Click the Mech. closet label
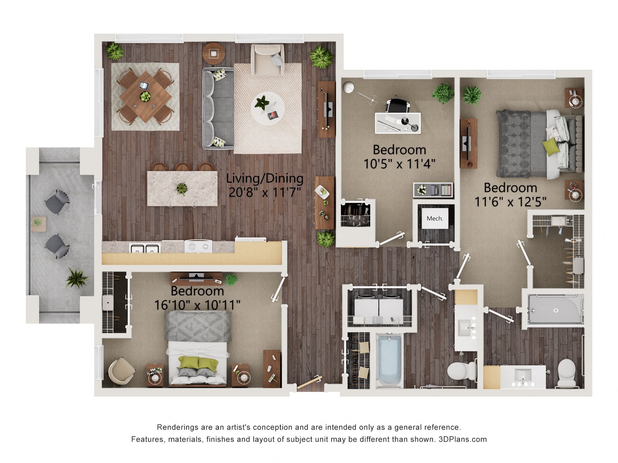click(x=435, y=219)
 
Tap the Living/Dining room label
click(x=265, y=178)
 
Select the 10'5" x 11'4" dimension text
click(x=399, y=164)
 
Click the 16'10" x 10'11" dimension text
click(x=197, y=305)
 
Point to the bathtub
click(x=389, y=360)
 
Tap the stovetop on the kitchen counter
click(x=198, y=247)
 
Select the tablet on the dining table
click(x=144, y=86)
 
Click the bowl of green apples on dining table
click(x=145, y=96)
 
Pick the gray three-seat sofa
click(x=219, y=108)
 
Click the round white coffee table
click(x=267, y=108)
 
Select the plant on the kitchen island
click(x=182, y=188)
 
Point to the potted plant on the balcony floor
click(x=76, y=278)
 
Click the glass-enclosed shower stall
click(x=555, y=309)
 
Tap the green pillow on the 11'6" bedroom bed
click(x=550, y=147)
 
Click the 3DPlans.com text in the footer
click(x=463, y=439)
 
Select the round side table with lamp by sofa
click(x=214, y=53)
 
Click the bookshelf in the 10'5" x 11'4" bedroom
click(x=433, y=190)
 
